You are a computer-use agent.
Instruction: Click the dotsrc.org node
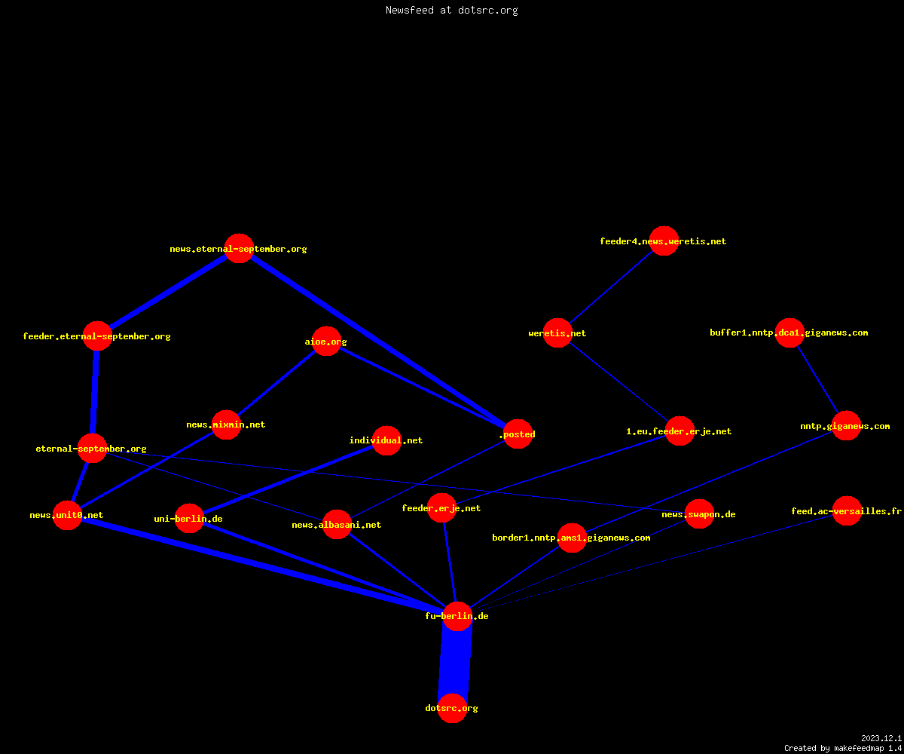[452, 708]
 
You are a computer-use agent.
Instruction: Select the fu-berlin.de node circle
[457, 616]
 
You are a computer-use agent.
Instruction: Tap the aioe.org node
[326, 341]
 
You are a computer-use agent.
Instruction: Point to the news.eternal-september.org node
[239, 248]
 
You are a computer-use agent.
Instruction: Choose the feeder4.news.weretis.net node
[664, 241]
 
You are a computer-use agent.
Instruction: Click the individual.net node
[386, 440]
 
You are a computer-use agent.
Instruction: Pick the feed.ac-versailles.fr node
[847, 511]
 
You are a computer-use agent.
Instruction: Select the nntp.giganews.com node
[846, 425]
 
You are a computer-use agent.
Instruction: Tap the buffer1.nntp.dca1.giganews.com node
[789, 333]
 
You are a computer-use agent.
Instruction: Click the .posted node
[518, 434]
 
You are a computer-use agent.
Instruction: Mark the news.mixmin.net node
[226, 425]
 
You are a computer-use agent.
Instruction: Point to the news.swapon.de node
[699, 514]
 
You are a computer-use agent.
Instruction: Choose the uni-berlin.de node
[189, 518]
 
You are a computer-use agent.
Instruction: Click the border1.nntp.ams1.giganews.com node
[572, 538]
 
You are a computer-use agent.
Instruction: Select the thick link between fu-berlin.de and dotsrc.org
[454, 662]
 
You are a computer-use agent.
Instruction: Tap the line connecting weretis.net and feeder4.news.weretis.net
[611, 287]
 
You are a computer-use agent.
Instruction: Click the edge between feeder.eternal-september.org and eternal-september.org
[94, 392]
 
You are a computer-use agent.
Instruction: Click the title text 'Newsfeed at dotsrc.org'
[451, 10]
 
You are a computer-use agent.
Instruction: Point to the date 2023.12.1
[881, 738]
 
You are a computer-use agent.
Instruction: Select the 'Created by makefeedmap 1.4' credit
[842, 748]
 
